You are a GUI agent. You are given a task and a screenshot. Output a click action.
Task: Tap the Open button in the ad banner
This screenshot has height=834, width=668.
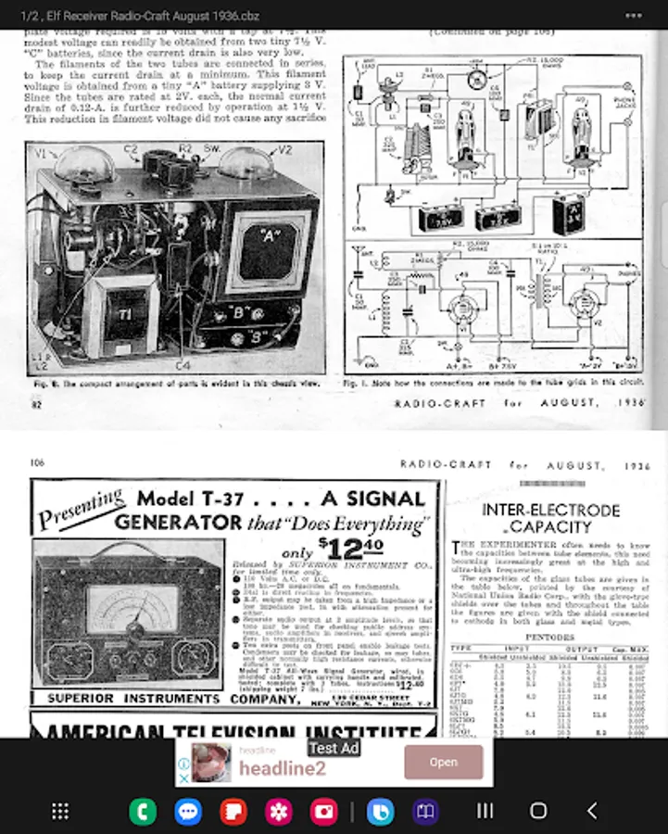pos(443,762)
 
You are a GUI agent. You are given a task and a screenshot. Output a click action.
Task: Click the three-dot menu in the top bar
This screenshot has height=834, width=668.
pos(634,16)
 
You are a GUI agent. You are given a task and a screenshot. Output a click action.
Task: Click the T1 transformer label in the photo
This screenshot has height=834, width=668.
pos(122,314)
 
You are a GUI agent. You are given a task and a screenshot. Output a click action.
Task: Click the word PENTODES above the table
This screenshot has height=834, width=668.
pos(550,638)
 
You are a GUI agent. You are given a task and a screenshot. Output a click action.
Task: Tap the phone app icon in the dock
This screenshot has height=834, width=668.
pos(143,811)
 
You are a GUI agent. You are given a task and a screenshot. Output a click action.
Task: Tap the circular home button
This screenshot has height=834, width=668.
pos(538,811)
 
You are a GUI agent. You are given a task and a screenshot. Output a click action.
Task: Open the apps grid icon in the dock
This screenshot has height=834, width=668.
pos(60,811)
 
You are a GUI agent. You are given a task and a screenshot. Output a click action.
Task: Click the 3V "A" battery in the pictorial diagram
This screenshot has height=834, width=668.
pos(567,215)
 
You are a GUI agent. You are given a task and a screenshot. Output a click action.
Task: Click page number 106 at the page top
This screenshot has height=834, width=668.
pos(38,463)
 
